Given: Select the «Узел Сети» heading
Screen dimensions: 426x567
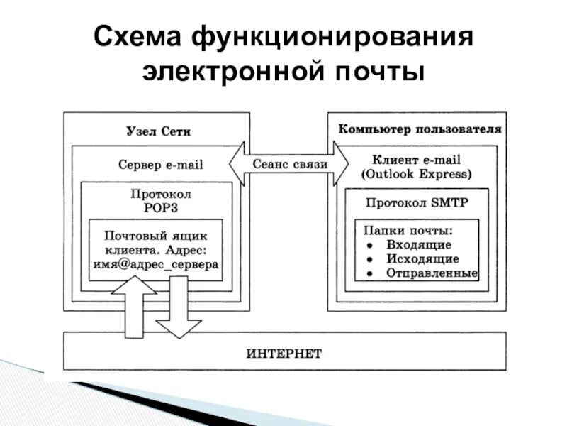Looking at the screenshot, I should [159, 132].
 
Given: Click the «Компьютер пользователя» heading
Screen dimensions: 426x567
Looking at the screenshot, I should [420, 130].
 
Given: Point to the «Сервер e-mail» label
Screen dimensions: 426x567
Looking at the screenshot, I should [160, 165].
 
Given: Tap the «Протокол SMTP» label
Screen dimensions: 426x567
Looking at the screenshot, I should [417, 202].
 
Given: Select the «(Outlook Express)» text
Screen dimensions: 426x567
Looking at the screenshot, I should [416, 173].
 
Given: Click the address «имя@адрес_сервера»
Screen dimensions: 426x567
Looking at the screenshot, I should [156, 263].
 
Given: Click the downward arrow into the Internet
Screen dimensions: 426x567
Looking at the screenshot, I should [179, 309].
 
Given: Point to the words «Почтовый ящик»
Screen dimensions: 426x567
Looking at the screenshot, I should [156, 234].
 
